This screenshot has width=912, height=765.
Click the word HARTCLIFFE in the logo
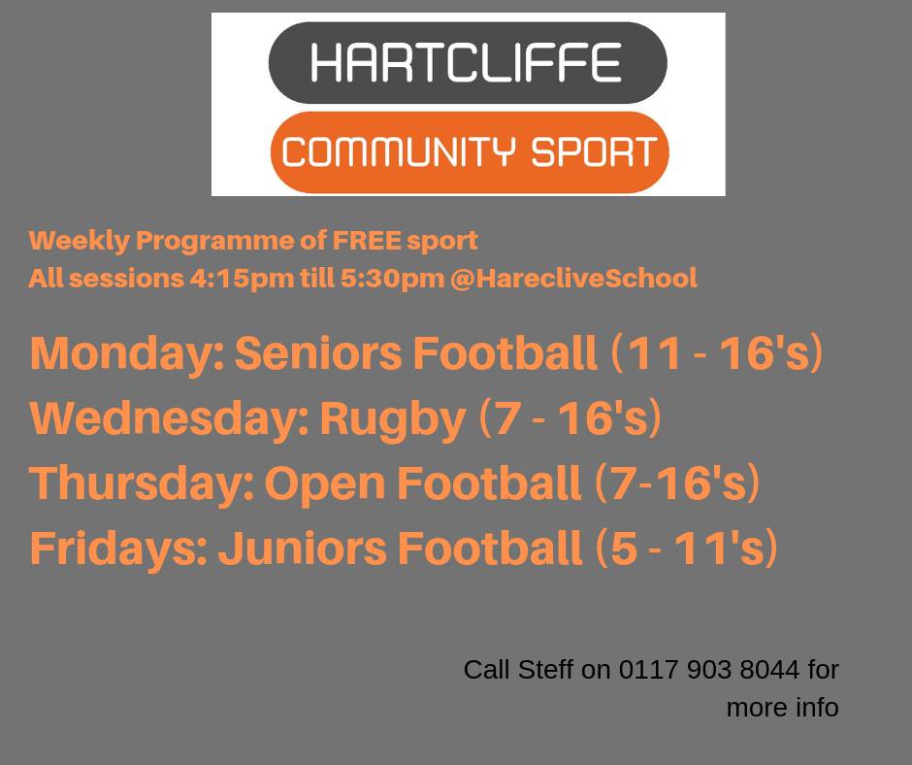[x=467, y=62]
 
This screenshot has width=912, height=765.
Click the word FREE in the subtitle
[x=367, y=240]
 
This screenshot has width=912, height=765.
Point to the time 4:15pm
[x=242, y=279]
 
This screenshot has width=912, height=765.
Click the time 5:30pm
[x=392, y=279]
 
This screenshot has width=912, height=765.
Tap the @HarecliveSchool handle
[x=573, y=278]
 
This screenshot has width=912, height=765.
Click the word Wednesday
[x=169, y=418]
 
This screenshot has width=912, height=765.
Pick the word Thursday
[x=143, y=483]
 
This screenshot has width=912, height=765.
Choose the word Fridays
[x=118, y=549]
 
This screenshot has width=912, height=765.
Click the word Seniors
[x=318, y=352]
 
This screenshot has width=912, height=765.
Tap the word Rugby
[x=393, y=419]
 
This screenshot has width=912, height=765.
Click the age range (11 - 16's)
[x=717, y=352]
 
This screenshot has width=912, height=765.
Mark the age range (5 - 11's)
[x=686, y=548]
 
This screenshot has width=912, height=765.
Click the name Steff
[x=545, y=670]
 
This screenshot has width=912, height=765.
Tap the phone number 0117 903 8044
[x=709, y=670]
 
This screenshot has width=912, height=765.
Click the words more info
[x=782, y=708]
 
